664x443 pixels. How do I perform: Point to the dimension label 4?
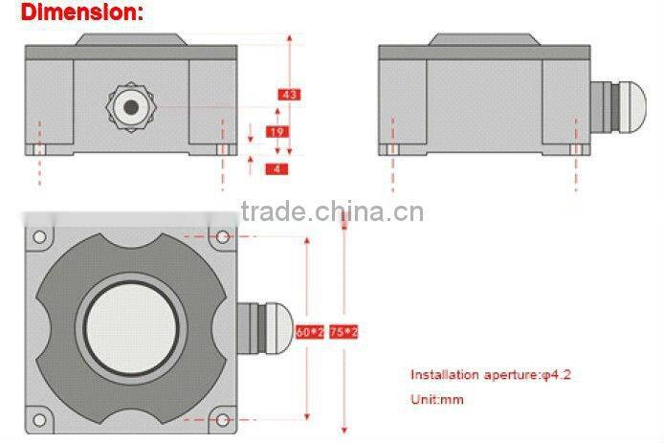(277, 168)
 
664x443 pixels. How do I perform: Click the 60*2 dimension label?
(308, 332)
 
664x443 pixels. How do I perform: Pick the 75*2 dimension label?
(343, 332)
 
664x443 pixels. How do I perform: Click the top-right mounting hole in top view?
(223, 236)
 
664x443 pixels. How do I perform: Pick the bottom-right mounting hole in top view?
(223, 419)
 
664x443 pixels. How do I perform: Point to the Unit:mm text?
(437, 399)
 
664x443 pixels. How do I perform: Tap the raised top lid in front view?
(130, 39)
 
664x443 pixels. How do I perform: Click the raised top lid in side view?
(484, 39)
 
